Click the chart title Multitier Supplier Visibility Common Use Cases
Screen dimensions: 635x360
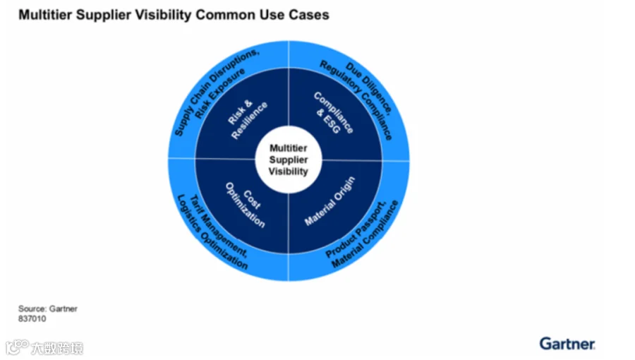[174, 15]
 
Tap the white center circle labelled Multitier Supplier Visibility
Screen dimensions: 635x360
[289, 160]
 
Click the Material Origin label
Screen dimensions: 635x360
[329, 201]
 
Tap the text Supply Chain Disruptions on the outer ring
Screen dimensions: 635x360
[217, 92]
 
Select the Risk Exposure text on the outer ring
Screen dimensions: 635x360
[221, 94]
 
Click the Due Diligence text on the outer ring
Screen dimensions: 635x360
[369, 87]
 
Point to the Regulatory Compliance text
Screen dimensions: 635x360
[356, 100]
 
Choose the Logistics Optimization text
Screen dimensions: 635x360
[212, 233]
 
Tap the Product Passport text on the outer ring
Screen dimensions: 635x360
[356, 229]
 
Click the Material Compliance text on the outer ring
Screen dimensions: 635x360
[365, 234]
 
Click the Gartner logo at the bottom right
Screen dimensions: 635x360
[567, 344]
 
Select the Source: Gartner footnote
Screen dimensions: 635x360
[48, 308]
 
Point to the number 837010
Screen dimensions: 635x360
[32, 318]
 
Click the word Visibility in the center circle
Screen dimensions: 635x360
[289, 172]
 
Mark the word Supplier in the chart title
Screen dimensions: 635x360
[103, 15]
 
